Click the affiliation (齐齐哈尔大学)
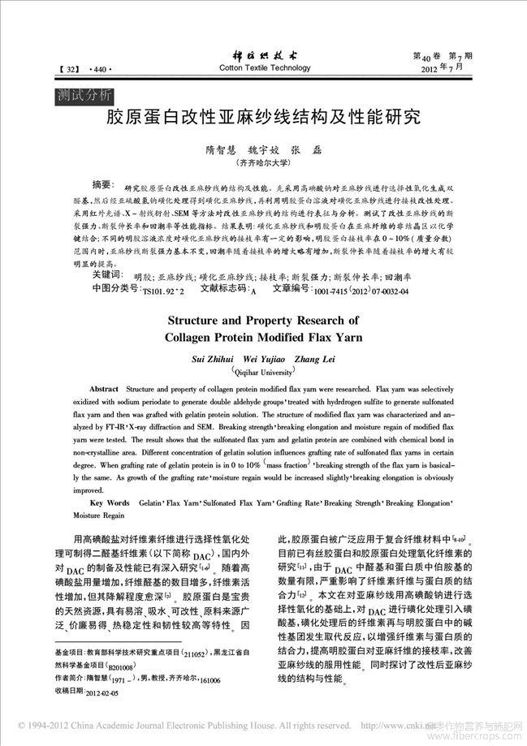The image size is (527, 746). tap(264, 164)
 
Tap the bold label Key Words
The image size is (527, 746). tap(110, 503)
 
